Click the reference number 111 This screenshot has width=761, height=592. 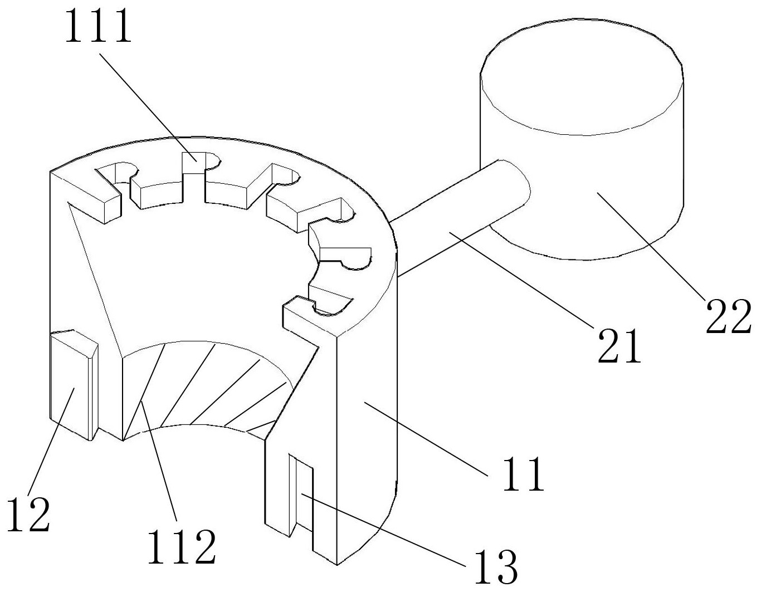point(99,26)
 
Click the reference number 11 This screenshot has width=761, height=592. point(524,474)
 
